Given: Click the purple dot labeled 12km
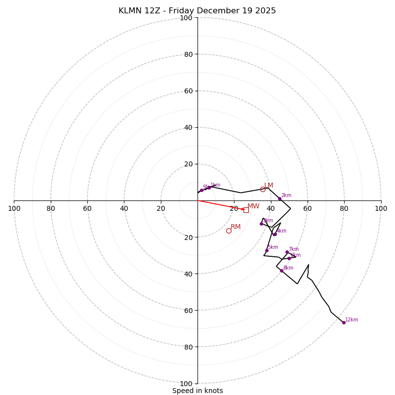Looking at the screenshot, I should click(344, 322).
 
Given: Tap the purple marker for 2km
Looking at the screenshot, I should click(279, 198).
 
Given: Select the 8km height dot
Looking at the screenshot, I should click(281, 271).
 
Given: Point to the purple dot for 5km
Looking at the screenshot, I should click(267, 250).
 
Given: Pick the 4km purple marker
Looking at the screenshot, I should click(275, 234).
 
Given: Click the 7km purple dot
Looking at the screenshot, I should click(287, 252).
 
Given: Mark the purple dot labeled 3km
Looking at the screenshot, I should click(262, 224).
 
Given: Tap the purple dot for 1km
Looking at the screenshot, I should click(209, 188).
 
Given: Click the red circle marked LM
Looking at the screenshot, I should click(263, 189).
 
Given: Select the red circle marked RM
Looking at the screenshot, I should click(229, 231).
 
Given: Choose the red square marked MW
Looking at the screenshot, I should click(246, 210).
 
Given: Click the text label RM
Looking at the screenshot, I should click(236, 227).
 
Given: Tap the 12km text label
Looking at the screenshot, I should click(352, 320).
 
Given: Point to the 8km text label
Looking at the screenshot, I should click(288, 268).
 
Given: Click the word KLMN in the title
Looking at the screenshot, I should click(129, 11).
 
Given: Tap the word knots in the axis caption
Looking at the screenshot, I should click(213, 391).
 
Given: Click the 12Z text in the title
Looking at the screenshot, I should click(153, 11).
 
